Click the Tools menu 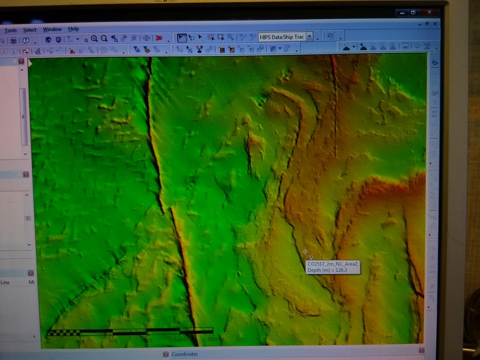click(x=10, y=30)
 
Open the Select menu click(x=30, y=30)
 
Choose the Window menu click(x=52, y=30)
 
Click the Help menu click(x=74, y=29)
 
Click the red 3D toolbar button click(x=159, y=38)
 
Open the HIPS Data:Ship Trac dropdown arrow click(x=309, y=37)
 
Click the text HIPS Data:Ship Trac click(x=282, y=37)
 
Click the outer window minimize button click(x=402, y=13)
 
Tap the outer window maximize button click(x=413, y=12)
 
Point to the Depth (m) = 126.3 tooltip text click(x=327, y=270)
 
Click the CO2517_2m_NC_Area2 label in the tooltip click(x=332, y=264)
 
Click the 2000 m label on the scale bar click(x=216, y=339)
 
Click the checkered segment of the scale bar click(x=64, y=333)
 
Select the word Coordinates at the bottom click(x=185, y=354)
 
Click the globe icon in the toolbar click(x=48, y=40)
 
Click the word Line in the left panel click(x=5, y=282)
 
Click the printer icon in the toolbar click(x=14, y=40)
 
